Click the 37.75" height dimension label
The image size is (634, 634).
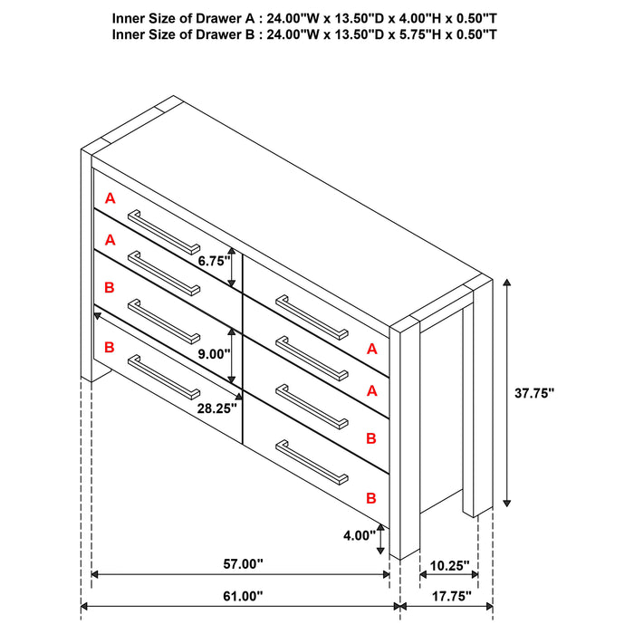(x=534, y=392)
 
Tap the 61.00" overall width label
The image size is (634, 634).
(x=243, y=596)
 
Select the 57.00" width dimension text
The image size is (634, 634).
(x=243, y=563)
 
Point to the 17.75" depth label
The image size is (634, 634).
(x=452, y=596)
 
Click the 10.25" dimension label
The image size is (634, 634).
(x=449, y=565)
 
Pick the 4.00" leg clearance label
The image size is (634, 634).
(x=360, y=535)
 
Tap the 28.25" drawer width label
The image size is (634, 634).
(x=217, y=408)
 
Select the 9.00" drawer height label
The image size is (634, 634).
(x=214, y=354)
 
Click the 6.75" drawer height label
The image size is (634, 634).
(x=214, y=261)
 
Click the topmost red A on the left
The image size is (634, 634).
(x=110, y=198)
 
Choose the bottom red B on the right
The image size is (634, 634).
(x=371, y=498)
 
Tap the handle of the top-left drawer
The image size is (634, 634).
(x=164, y=232)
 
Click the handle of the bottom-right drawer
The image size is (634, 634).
(x=312, y=463)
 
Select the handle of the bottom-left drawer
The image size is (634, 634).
(x=164, y=378)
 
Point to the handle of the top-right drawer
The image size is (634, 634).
(x=312, y=317)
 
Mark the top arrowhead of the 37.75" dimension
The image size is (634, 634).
(x=506, y=283)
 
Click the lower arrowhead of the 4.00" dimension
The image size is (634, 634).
(x=380, y=550)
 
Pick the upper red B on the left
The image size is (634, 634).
(x=110, y=287)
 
